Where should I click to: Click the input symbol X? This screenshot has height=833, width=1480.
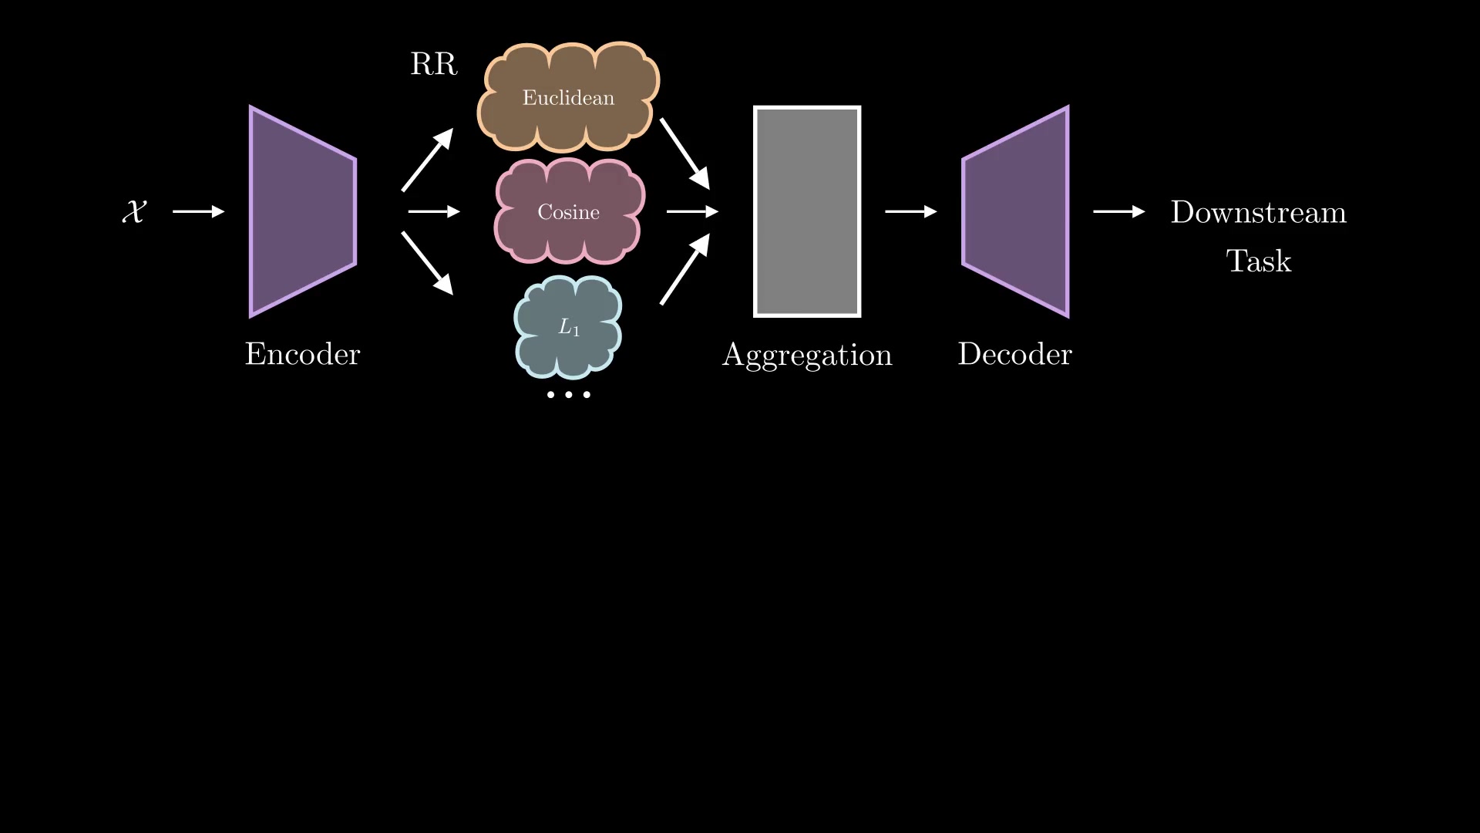pos(134,211)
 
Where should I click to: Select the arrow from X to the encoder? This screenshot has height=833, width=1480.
pos(198,211)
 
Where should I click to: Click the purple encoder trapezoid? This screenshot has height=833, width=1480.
pos(302,211)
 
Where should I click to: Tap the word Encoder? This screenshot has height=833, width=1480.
pos(302,354)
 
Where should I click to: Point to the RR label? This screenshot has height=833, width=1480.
pos(433,64)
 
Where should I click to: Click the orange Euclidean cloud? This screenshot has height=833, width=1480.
pos(568,97)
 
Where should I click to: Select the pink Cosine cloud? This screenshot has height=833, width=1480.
pos(568,212)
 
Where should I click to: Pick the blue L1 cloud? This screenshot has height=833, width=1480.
pos(568,327)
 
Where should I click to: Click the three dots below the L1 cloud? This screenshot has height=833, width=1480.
pos(568,395)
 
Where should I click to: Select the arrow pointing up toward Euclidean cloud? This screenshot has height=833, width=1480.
pos(427,160)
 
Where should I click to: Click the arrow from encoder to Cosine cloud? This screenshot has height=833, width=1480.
pos(433,211)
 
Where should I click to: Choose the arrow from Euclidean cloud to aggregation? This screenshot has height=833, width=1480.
pos(684,154)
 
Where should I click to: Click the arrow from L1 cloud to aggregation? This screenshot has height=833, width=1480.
pos(684,270)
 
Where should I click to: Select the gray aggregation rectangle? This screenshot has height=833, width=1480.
pos(807,211)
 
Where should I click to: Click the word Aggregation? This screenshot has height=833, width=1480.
pos(807,355)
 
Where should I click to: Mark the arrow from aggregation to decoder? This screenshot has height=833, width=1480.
pos(910,211)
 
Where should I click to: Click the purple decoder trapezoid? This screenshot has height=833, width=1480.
pos(1016,211)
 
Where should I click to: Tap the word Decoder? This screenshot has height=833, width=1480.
pos(1014,354)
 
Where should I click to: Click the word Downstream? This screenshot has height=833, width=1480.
pos(1258,212)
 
